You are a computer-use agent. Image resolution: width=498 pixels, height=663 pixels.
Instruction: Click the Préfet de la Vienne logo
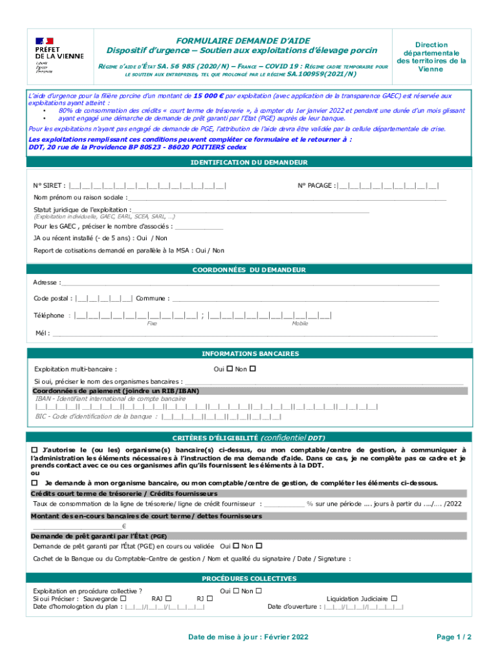[x=58, y=55]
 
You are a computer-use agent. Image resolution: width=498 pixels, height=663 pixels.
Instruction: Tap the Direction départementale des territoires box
[x=431, y=57]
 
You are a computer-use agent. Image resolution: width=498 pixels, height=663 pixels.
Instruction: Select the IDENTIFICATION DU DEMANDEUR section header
[x=249, y=163]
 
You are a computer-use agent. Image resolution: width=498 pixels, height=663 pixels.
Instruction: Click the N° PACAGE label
[x=316, y=186]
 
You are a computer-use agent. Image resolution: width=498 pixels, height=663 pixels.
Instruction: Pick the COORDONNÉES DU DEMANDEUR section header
[x=249, y=269]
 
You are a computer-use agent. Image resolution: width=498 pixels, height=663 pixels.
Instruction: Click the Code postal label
[x=52, y=298]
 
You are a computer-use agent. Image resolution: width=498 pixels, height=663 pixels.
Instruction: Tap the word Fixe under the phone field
[x=152, y=323]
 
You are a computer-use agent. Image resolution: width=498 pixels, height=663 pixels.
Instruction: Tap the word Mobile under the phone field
[x=299, y=323]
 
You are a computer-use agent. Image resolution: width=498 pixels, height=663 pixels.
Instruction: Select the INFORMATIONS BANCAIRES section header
[x=249, y=354]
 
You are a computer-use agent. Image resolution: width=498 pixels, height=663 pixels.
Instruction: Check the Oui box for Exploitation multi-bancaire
[x=230, y=368]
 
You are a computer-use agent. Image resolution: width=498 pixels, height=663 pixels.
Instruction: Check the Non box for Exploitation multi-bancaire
[x=253, y=368]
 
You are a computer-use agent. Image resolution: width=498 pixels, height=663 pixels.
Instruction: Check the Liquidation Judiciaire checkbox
[x=394, y=598]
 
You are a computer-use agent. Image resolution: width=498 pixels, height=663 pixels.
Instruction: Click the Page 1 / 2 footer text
[x=454, y=637]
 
